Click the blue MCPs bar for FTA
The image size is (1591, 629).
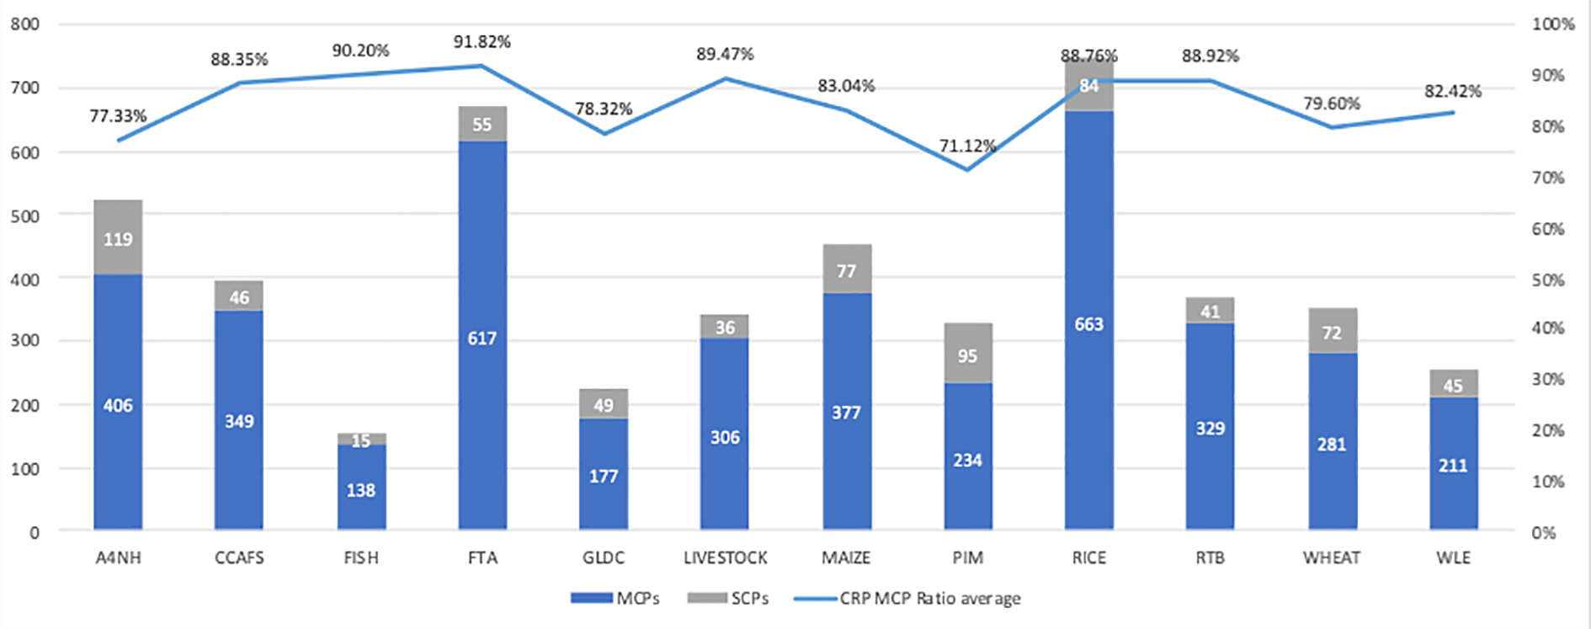click(x=482, y=335)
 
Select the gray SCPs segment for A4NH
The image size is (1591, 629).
click(x=118, y=237)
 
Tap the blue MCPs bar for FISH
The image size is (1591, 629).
click(x=361, y=488)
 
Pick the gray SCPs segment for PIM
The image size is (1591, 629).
click(x=968, y=354)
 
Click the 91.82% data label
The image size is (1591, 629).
click(x=482, y=41)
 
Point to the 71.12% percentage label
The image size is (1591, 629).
click(x=968, y=146)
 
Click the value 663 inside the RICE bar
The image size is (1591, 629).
click(x=1088, y=324)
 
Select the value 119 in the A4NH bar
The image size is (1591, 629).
click(x=118, y=239)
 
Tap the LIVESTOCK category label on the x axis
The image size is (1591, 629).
click(x=726, y=557)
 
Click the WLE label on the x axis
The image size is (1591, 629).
click(x=1454, y=557)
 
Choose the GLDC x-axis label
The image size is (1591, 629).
click(x=604, y=557)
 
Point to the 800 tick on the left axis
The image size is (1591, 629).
click(x=24, y=24)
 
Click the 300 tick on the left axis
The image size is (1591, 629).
click(x=24, y=340)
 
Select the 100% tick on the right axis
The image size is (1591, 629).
click(x=1553, y=24)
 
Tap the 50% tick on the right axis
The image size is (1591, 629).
click(x=1548, y=280)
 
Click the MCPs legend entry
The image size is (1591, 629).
click(x=615, y=598)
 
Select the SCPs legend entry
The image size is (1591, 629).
click(x=728, y=598)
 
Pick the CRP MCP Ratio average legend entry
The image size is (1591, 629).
click(x=907, y=598)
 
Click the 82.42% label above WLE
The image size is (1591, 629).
click(x=1453, y=91)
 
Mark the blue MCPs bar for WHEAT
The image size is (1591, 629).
click(x=1333, y=441)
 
